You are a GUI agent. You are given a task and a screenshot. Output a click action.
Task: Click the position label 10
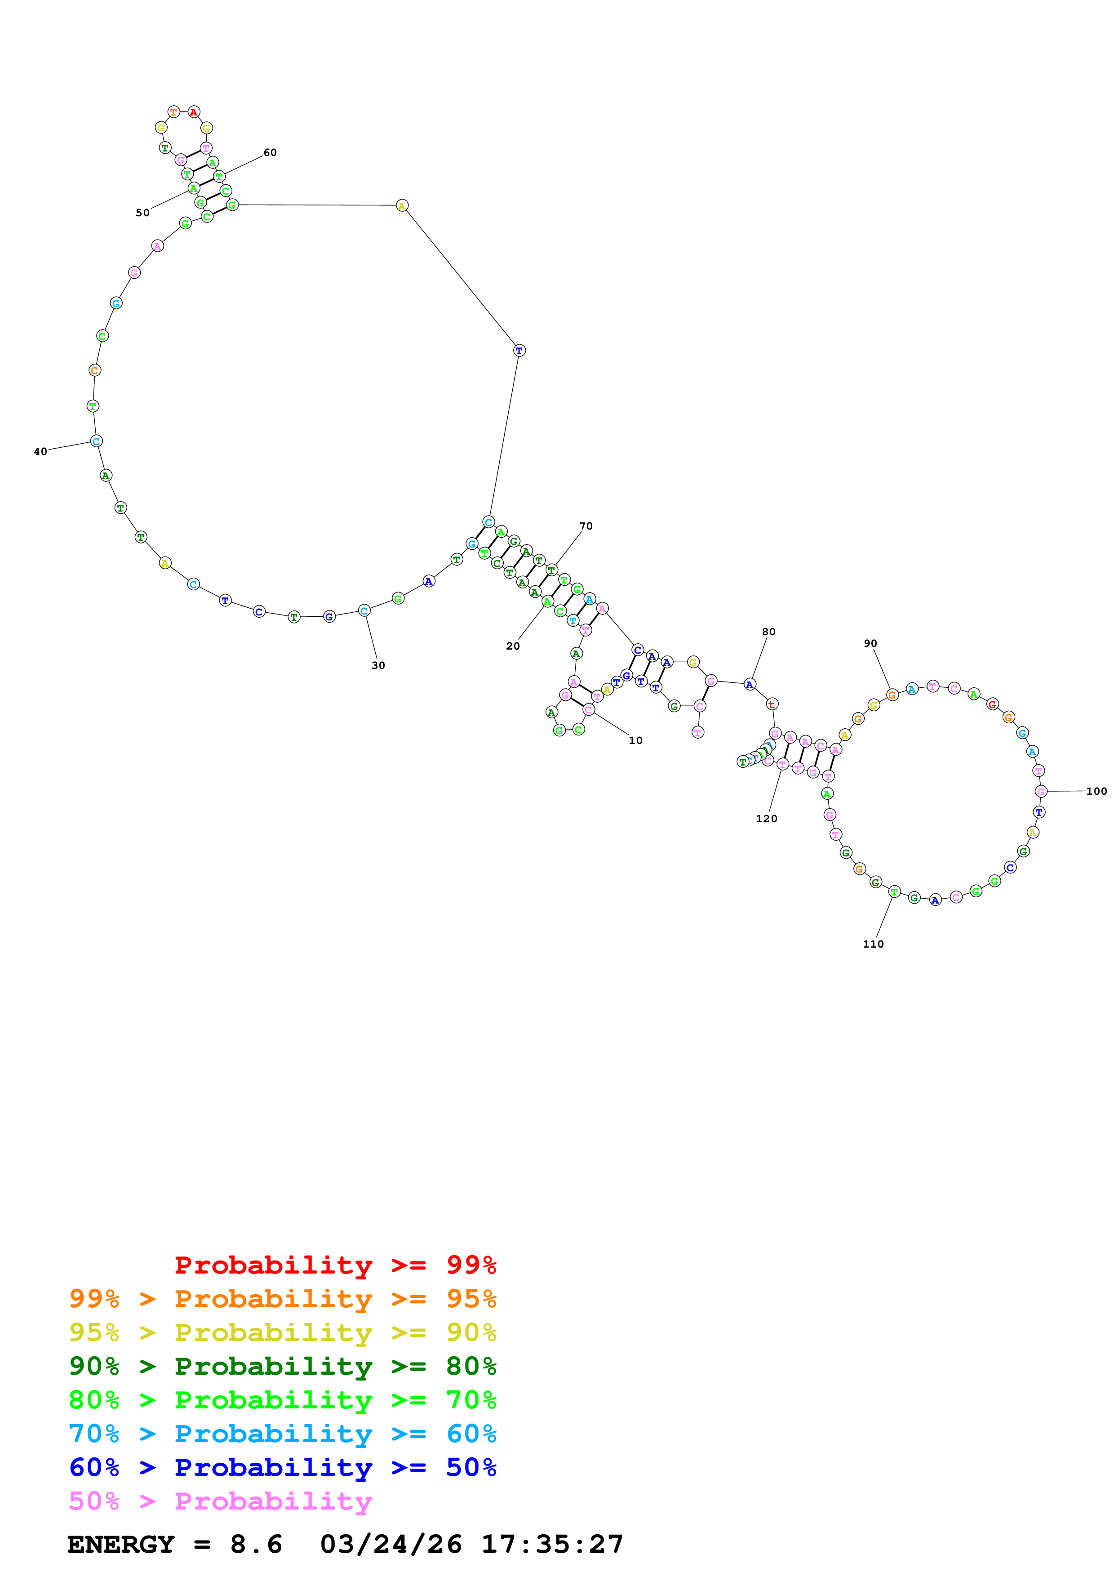635,740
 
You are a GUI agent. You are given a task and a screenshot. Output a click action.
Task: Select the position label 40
40,451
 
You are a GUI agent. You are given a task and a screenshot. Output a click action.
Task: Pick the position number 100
1096,791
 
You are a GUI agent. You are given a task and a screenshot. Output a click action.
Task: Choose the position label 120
766,818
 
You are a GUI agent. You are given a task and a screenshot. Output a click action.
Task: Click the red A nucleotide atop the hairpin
194,112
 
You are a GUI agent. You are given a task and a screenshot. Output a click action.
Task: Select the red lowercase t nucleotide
772,704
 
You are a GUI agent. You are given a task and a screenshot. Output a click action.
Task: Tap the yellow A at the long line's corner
402,205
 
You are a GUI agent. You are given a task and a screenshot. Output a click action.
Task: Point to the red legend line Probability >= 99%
335,1265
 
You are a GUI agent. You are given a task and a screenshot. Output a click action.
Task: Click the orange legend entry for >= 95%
282,1299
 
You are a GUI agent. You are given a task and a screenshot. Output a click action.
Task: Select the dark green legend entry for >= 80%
282,1366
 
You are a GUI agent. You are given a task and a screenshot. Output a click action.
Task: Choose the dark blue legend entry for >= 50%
282,1467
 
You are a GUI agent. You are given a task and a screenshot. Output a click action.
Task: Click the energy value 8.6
256,1544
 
